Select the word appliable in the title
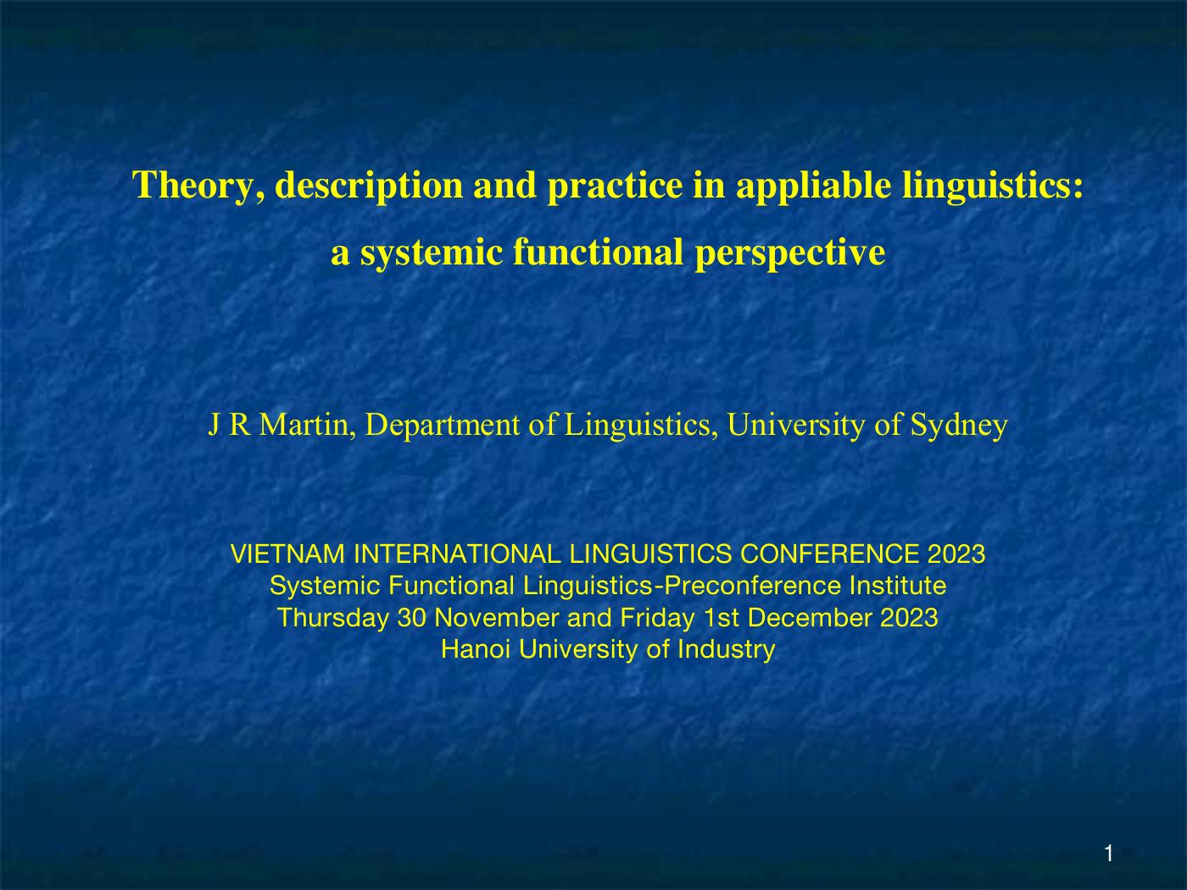pos(813,186)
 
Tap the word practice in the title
pos(616,186)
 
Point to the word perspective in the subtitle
pos(789,253)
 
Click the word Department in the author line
pos(443,426)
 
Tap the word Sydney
pos(959,426)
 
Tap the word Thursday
pos(334,618)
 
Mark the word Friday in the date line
pos(657,618)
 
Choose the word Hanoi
pos(476,649)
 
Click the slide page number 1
pos(1109,854)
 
